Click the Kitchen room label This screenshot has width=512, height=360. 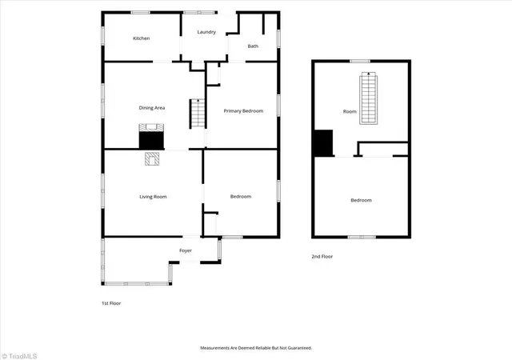(142, 38)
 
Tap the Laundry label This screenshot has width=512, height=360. (206, 32)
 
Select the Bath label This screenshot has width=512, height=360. (253, 46)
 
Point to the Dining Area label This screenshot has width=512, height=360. (152, 108)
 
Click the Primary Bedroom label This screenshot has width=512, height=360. (243, 111)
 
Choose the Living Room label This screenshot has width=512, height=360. (153, 197)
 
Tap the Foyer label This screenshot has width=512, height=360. (186, 250)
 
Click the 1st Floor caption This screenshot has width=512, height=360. (111, 303)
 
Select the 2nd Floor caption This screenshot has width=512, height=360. (322, 257)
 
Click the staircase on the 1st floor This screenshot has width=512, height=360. (198, 114)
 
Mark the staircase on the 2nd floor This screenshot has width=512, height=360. (368, 98)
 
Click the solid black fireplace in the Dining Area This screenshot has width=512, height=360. (151, 141)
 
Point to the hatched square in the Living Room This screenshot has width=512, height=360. (152, 158)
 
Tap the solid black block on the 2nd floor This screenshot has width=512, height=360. (323, 143)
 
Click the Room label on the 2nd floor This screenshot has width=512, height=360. (350, 111)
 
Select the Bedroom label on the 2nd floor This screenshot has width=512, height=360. (361, 200)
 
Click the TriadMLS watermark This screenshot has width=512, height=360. (19, 357)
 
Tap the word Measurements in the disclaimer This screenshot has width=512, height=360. (215, 348)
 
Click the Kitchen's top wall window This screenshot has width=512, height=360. (141, 13)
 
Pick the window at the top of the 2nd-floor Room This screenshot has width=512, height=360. (360, 61)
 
